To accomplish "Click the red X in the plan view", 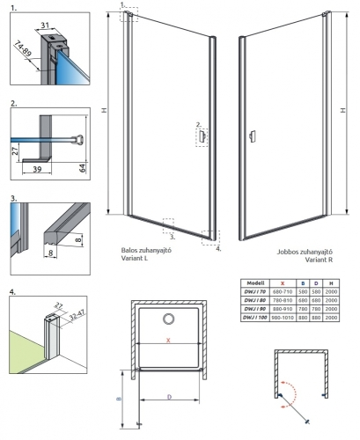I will pos(165,338).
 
